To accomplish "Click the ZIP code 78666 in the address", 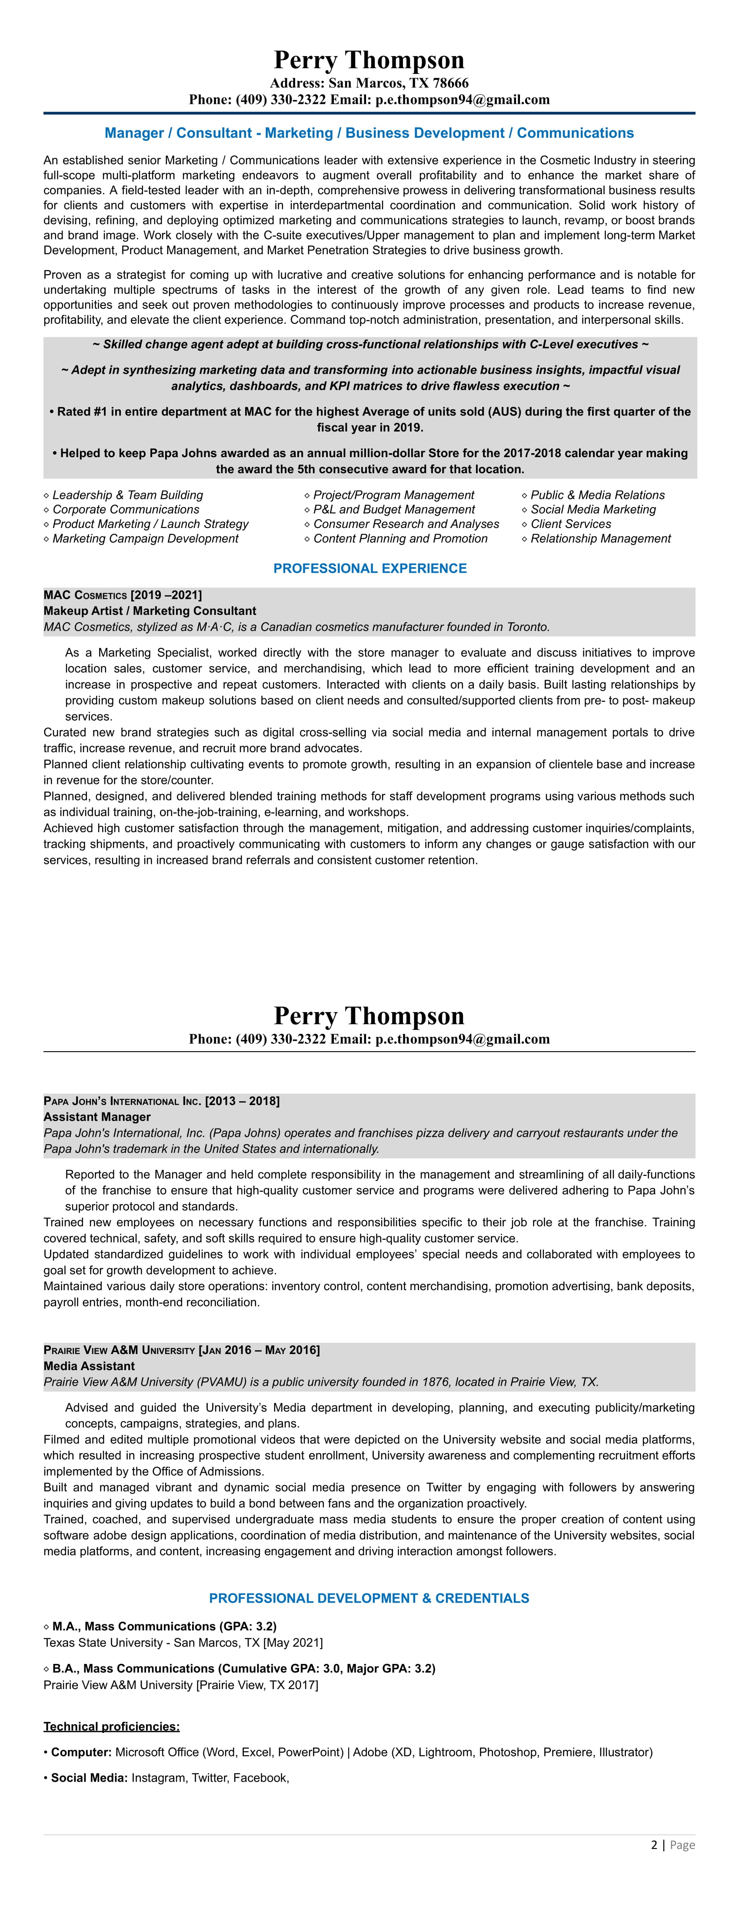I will [x=449, y=83].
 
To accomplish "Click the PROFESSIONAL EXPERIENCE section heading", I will [x=370, y=568].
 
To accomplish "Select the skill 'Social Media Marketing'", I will [x=593, y=509].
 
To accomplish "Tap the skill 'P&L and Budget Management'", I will [x=394, y=509].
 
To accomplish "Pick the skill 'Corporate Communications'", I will [x=126, y=509].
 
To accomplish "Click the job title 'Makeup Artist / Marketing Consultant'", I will [x=150, y=611].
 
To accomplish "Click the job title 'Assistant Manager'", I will [x=97, y=1117].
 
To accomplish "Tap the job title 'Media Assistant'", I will [x=89, y=1366].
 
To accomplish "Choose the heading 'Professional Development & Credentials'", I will [x=369, y=1598].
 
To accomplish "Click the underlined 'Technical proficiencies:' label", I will [x=111, y=1726].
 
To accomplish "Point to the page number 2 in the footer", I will [x=654, y=1845].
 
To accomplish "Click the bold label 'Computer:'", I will [x=82, y=1753].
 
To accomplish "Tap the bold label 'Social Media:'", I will [x=90, y=1778].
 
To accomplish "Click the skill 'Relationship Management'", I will [x=600, y=539].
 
